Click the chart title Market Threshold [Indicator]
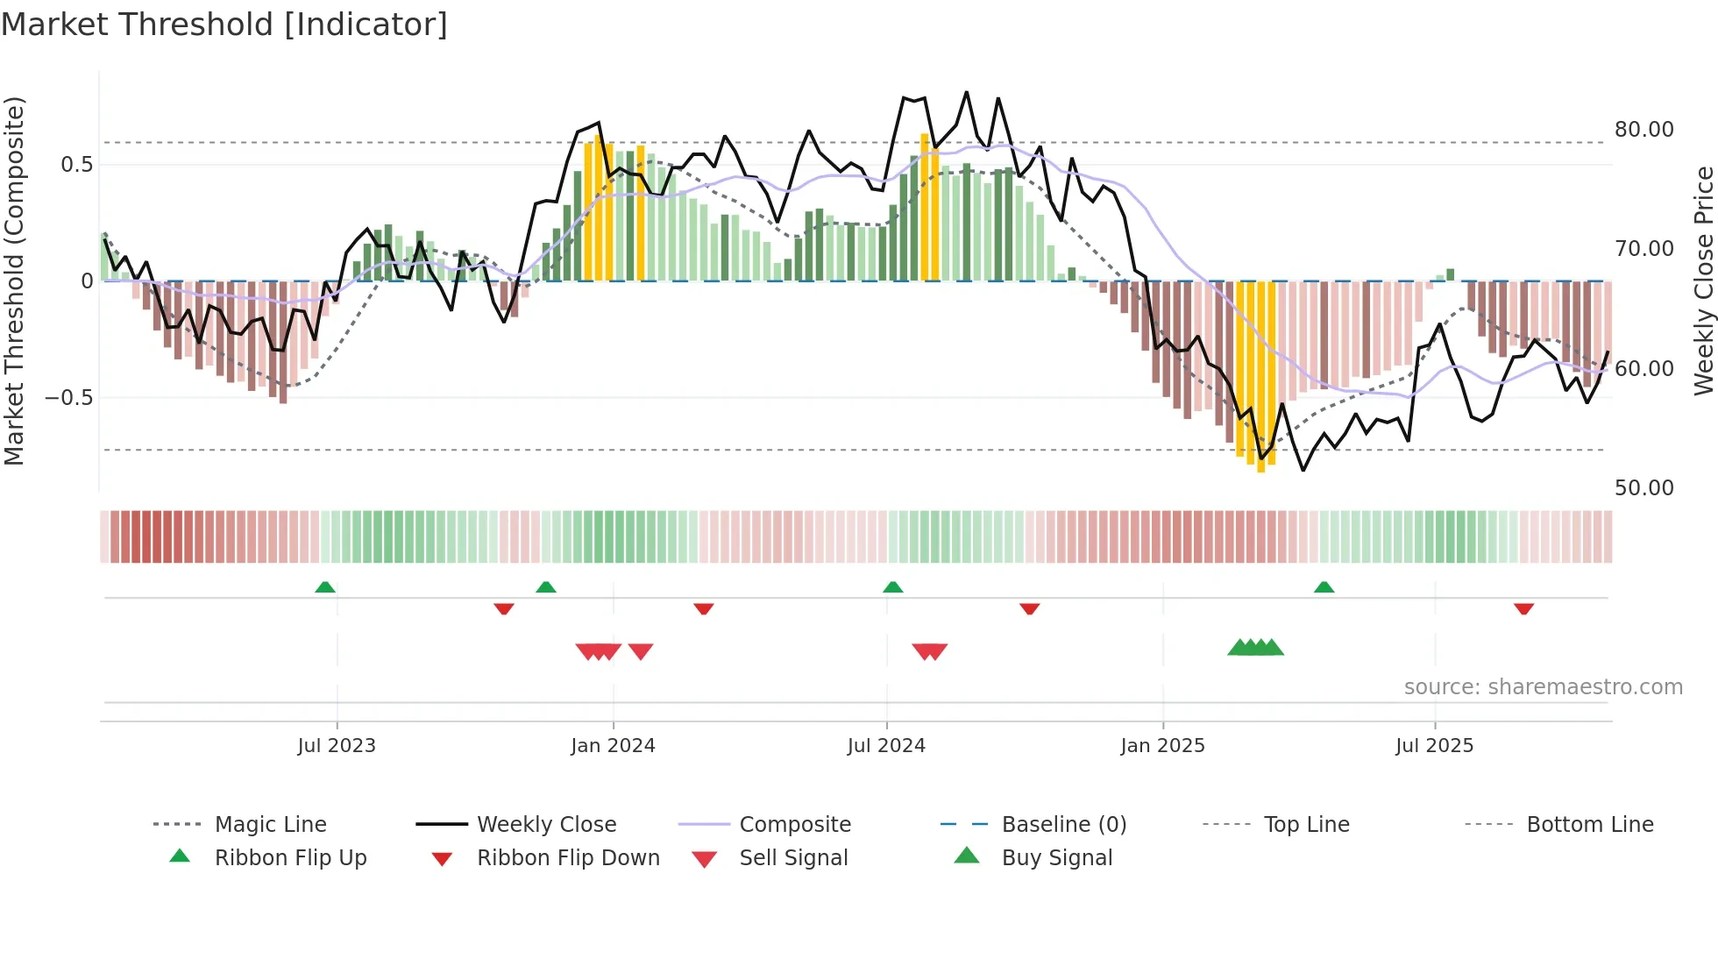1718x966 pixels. click(x=224, y=25)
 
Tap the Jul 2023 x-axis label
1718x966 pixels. click(x=337, y=746)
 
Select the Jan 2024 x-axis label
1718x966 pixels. click(x=613, y=746)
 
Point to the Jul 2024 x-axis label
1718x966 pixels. click(x=886, y=746)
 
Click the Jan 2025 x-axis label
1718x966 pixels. click(x=1162, y=746)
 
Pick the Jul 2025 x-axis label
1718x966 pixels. click(x=1434, y=746)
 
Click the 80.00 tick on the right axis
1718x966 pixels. click(x=1643, y=130)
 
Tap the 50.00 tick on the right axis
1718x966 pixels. click(x=1643, y=488)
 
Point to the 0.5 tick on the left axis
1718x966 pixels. click(x=76, y=165)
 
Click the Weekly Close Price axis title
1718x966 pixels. click(x=1703, y=281)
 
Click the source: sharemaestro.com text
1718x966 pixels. click(x=1543, y=687)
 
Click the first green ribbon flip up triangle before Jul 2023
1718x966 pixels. click(x=325, y=587)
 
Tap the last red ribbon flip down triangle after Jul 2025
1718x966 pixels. click(x=1523, y=608)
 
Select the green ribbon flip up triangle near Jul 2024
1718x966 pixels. click(x=892, y=587)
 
